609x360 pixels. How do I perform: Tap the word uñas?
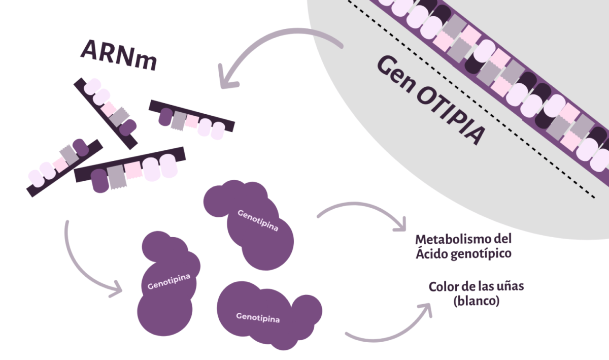pos(509,286)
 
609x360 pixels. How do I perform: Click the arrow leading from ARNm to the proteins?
pos(81,264)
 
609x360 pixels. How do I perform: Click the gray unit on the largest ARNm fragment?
pos(116,177)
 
